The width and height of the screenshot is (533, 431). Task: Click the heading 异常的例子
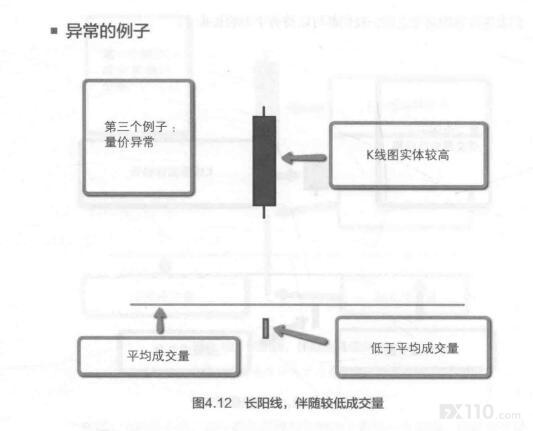[x=107, y=31]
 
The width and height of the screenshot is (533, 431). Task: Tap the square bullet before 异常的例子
[x=54, y=31]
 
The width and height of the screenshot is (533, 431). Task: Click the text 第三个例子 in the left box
[x=136, y=127]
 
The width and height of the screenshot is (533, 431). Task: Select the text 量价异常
[x=129, y=142]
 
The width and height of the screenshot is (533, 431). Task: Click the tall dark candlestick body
[x=264, y=161]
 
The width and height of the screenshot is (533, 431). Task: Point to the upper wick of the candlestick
[x=264, y=111]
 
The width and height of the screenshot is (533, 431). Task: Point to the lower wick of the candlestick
[x=264, y=212]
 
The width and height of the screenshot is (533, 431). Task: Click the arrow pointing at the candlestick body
[x=304, y=158]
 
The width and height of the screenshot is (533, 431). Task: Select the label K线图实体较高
[x=408, y=155]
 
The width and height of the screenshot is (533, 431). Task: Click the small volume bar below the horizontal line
[x=265, y=328]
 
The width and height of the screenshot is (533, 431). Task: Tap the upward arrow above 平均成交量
[x=160, y=320]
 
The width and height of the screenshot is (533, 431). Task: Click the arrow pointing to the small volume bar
[x=300, y=334]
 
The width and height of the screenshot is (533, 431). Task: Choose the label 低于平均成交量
[x=415, y=348]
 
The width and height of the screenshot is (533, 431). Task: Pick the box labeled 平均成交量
[x=159, y=357]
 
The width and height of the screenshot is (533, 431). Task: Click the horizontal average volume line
[x=297, y=305]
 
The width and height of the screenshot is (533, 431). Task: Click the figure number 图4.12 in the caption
[x=212, y=403]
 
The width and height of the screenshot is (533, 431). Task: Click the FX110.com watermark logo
[x=480, y=412]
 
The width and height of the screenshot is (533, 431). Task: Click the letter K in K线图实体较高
[x=370, y=155]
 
